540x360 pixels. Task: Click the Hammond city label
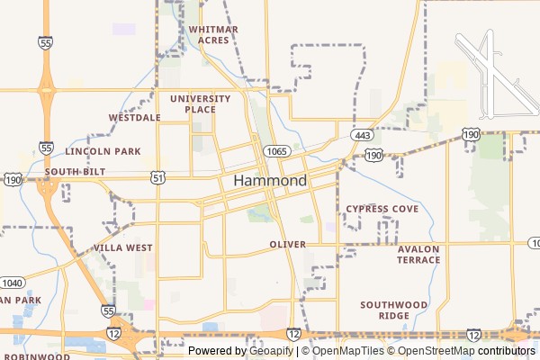270,181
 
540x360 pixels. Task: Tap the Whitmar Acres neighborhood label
213,34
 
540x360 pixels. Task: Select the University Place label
193,103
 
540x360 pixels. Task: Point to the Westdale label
134,118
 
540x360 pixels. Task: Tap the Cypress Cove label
382,209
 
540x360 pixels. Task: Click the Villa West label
122,247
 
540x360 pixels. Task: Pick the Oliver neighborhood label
287,245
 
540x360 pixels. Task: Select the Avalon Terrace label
418,255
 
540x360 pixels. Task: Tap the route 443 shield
363,135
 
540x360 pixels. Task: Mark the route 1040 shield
12,283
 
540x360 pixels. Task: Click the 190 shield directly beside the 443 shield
374,155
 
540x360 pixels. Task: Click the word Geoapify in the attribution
272,351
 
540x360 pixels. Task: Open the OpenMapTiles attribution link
347,351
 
